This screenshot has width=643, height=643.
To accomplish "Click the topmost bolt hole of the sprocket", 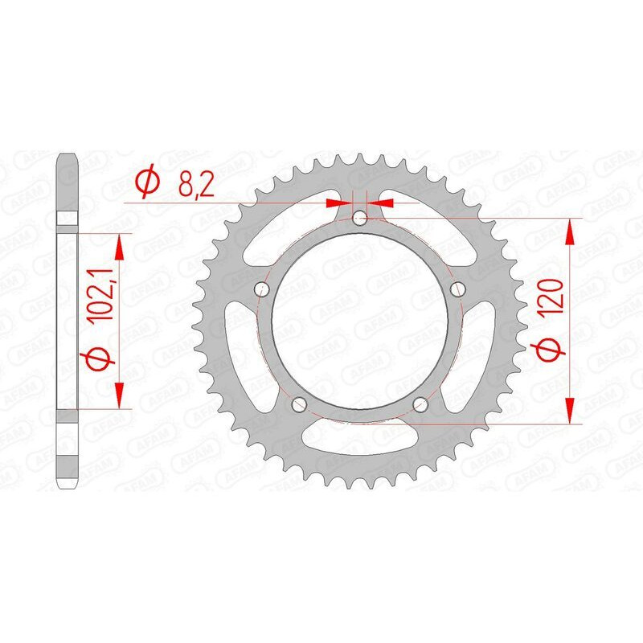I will (x=360, y=218).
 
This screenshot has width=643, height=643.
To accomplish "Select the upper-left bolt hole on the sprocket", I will (x=260, y=290).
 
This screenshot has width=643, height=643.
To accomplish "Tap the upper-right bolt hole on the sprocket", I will (x=459, y=290).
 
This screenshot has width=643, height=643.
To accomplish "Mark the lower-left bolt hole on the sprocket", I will (x=298, y=405).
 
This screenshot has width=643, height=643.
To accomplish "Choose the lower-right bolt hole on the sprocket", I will (x=421, y=406).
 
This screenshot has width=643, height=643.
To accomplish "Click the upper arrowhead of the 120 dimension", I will (x=571, y=231).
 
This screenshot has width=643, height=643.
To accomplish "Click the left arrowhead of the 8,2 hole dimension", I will (x=341, y=202).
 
